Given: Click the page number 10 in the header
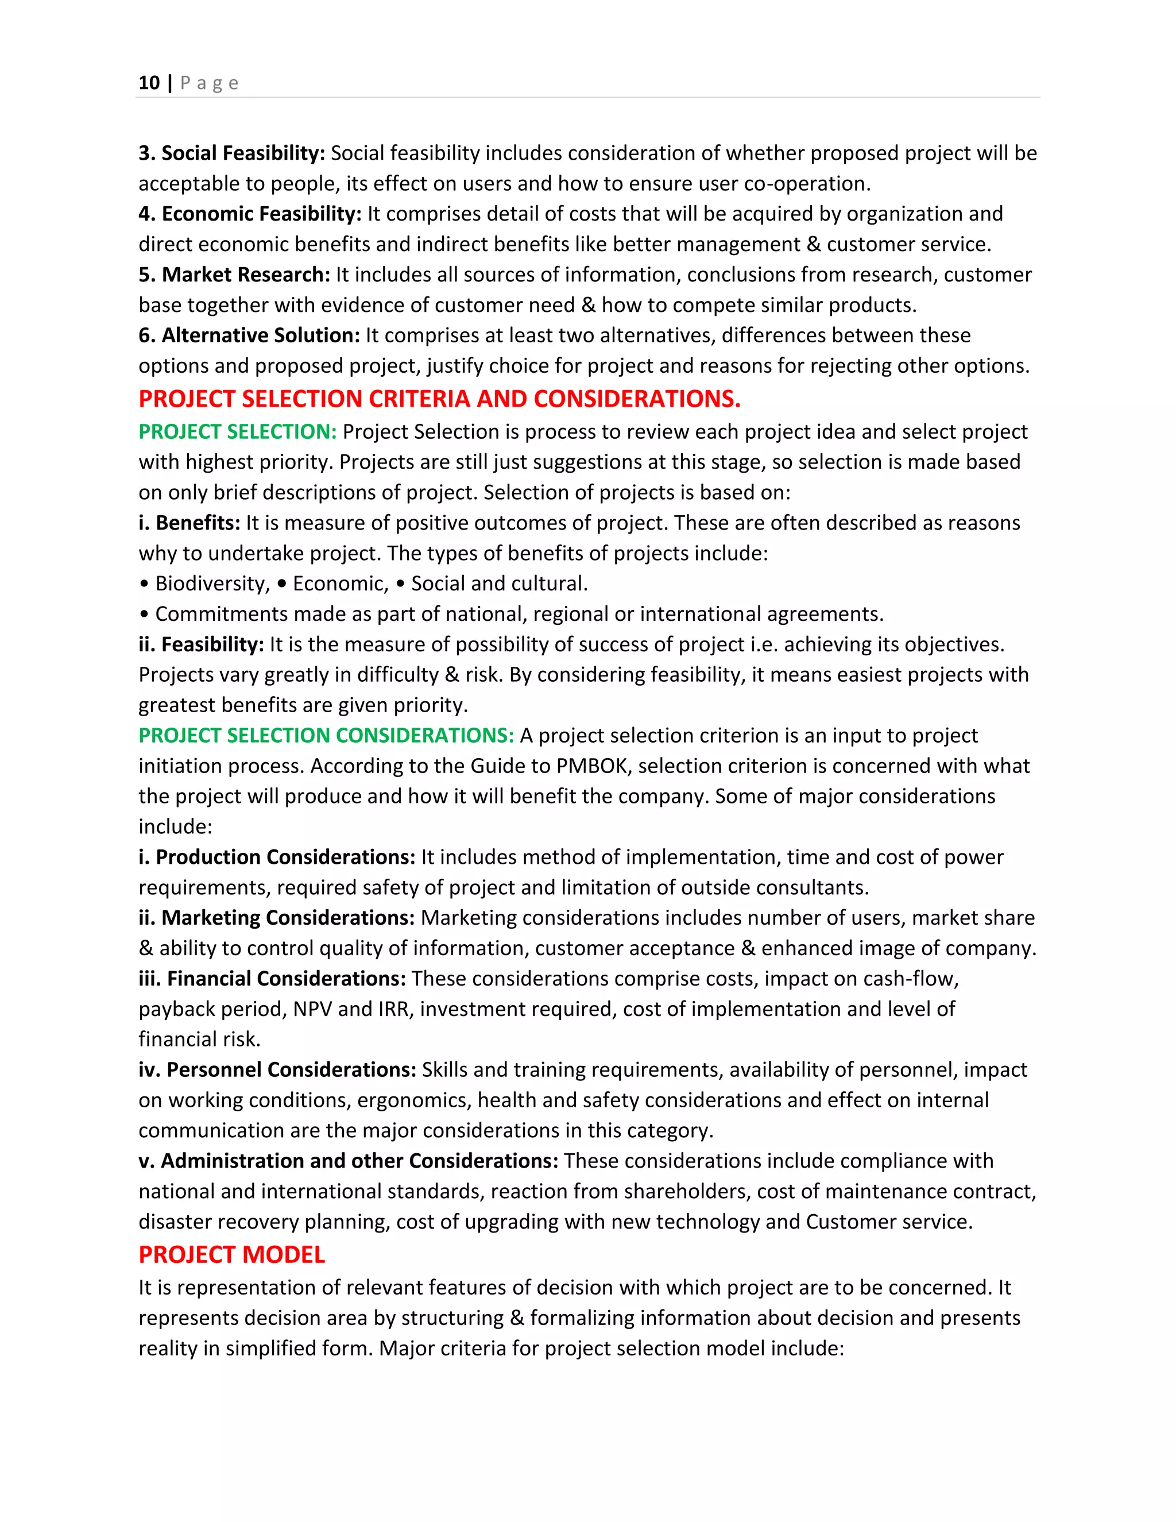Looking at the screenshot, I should [149, 83].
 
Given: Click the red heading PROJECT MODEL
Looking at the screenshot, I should [231, 1254].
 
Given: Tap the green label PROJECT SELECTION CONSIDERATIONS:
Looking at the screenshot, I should [326, 735].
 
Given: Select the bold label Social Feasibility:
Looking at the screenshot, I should [243, 153].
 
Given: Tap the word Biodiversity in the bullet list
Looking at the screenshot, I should [212, 584].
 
